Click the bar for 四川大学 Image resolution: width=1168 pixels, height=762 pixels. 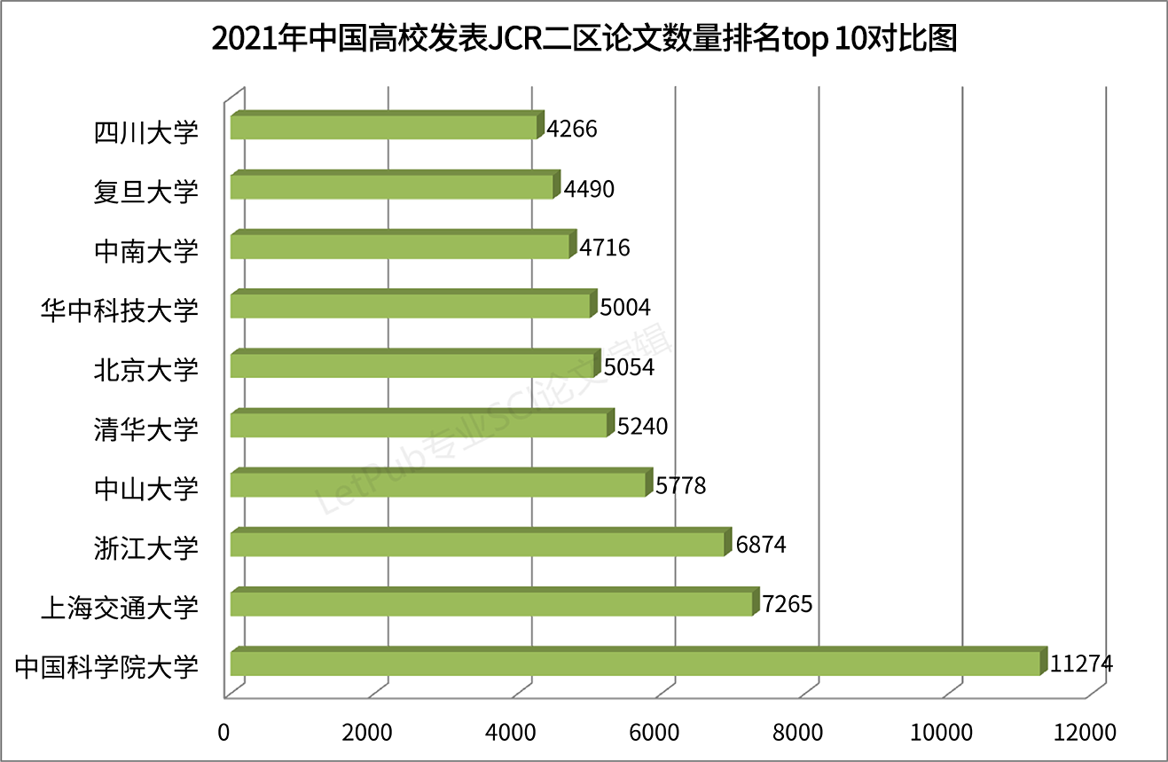point(383,127)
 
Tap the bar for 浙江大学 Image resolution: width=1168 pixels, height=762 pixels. point(477,544)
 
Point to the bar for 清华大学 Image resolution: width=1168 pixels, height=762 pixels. point(419,425)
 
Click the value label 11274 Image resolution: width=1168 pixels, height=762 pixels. point(1080,664)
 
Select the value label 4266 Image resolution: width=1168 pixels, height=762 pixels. point(572,129)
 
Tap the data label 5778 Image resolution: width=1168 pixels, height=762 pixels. point(680,485)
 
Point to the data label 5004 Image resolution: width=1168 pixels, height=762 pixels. point(625,307)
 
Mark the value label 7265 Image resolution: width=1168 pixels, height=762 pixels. point(787,604)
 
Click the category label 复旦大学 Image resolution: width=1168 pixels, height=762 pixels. point(146,191)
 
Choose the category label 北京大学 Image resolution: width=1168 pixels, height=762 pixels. point(146,369)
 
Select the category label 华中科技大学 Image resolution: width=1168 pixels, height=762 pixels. point(120,310)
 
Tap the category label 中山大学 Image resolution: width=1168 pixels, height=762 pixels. point(146,488)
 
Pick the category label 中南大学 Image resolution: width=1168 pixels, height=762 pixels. point(146,250)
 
